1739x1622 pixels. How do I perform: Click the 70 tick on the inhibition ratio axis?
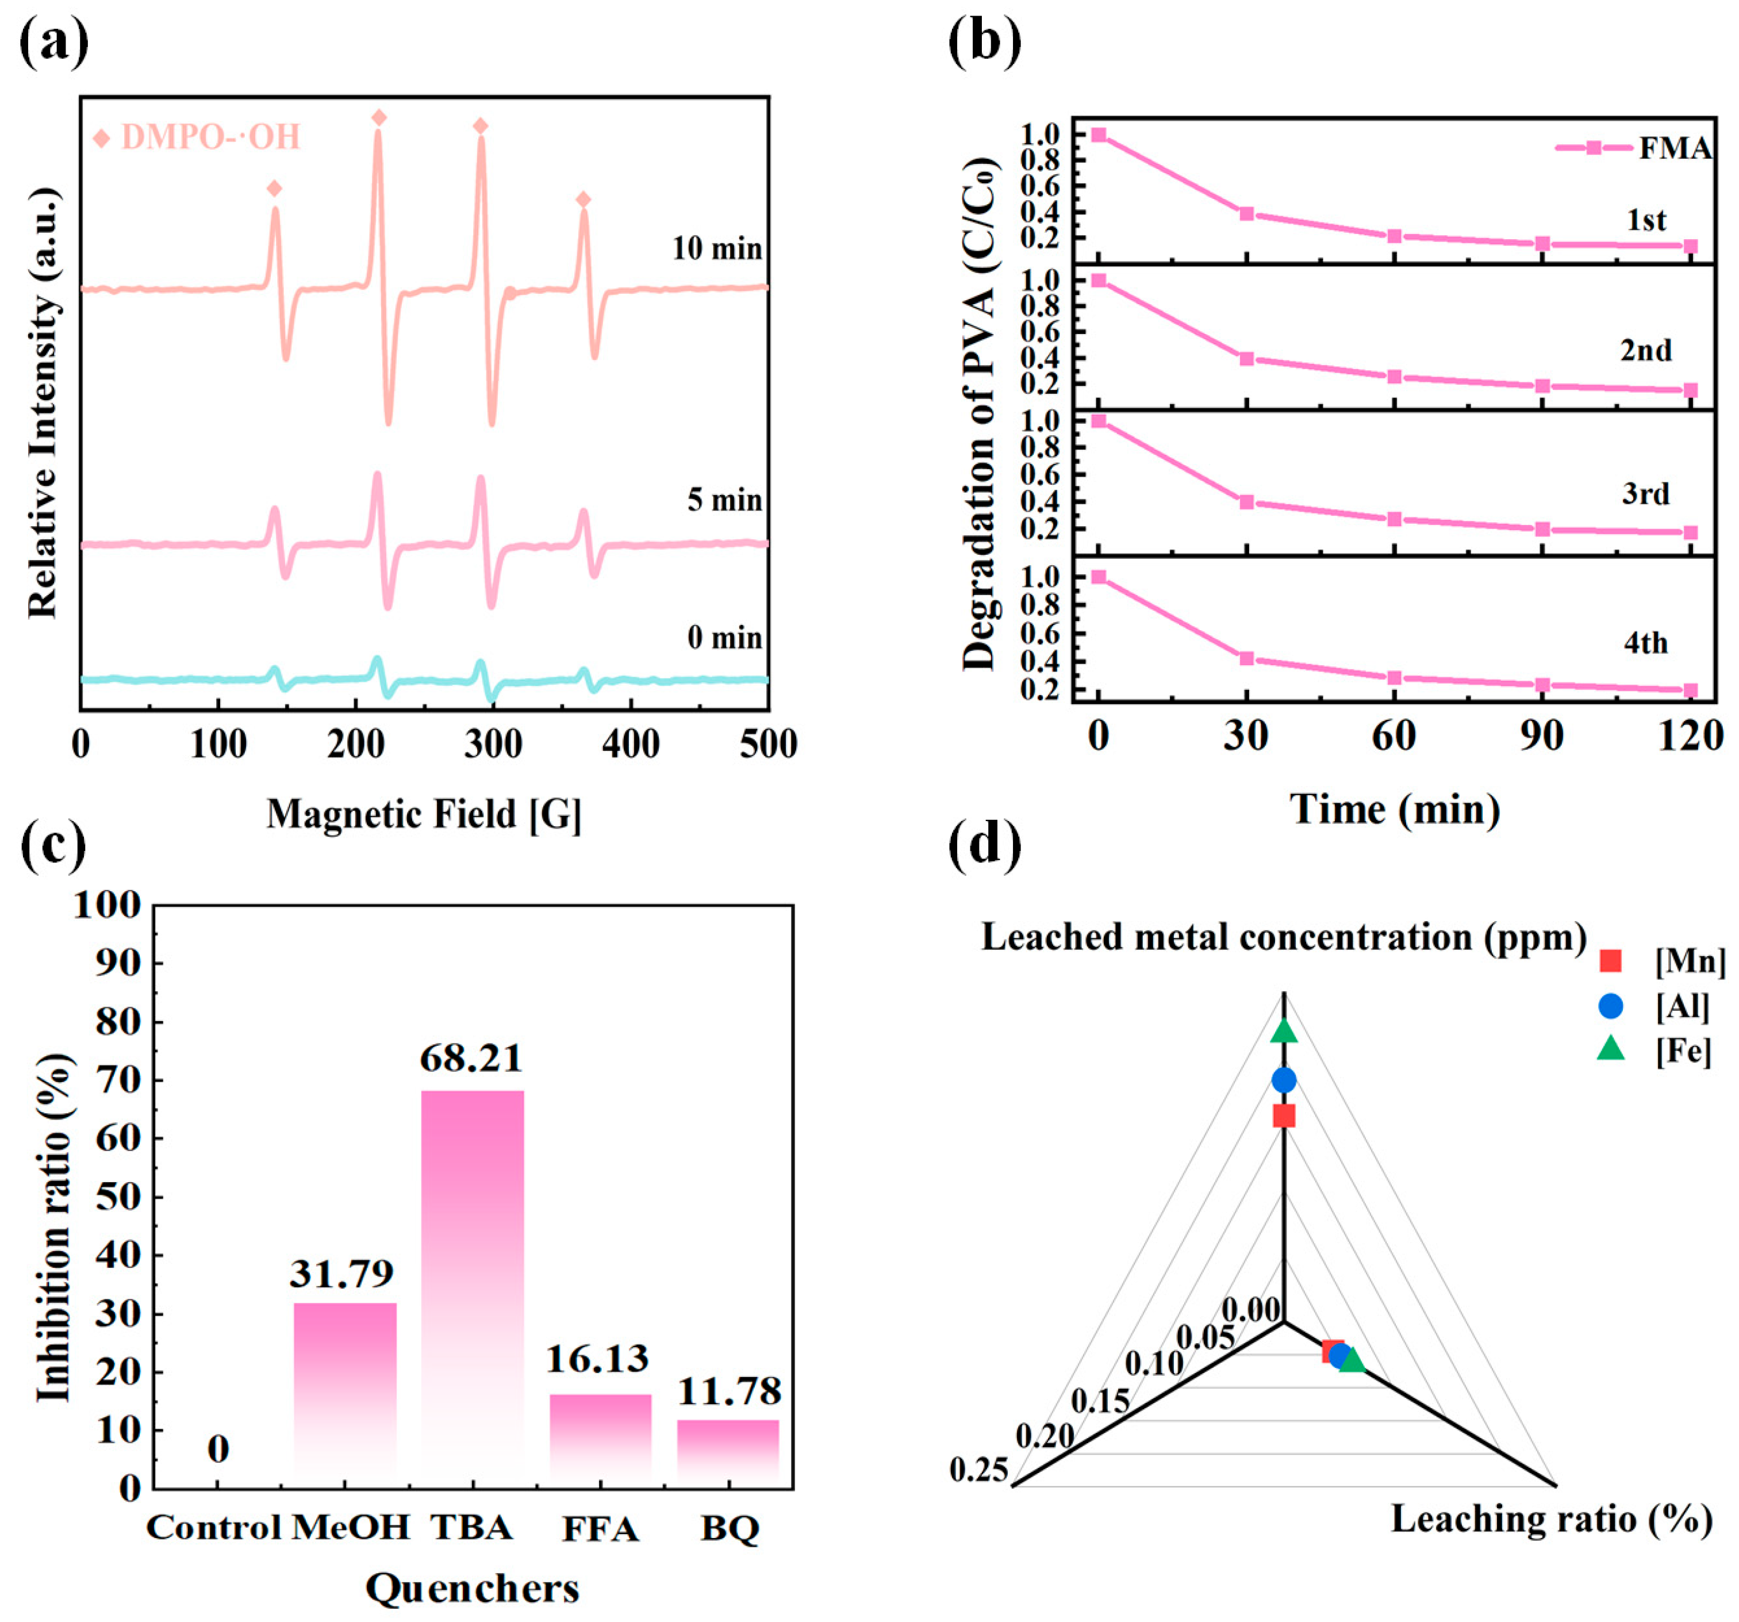[118, 1080]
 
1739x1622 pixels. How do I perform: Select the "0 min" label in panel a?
[724, 637]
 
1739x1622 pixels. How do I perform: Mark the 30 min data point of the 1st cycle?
[1246, 213]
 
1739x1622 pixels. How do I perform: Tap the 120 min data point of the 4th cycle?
[1691, 691]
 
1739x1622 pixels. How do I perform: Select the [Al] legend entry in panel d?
[1653, 1006]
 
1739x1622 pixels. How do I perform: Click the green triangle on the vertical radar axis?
[1284, 1032]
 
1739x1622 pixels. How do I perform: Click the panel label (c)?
[53, 847]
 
